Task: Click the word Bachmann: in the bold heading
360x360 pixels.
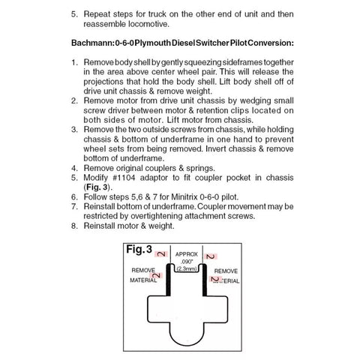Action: [x=93, y=43]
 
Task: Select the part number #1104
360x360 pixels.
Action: [x=124, y=178]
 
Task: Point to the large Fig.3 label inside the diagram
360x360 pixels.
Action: [x=139, y=249]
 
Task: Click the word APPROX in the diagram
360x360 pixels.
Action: [x=187, y=254]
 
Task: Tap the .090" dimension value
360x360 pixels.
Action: [x=187, y=262]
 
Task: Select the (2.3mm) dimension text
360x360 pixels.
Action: [x=187, y=269]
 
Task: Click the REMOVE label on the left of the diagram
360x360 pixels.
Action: [x=143, y=270]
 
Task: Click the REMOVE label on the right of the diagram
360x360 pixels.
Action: [x=226, y=271]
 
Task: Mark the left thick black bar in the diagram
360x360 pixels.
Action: [x=169, y=280]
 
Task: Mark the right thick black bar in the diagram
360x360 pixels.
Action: [x=205, y=280]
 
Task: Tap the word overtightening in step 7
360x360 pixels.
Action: [x=155, y=216]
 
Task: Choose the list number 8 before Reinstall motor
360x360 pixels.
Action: [x=74, y=226]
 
